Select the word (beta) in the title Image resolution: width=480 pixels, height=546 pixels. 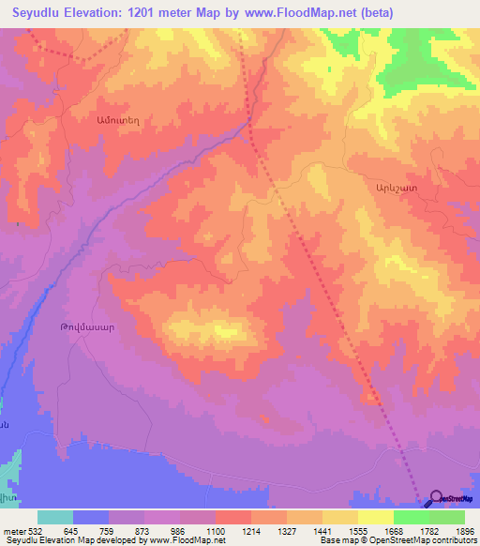tap(374, 13)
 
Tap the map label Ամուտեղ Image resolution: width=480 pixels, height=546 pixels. tap(115, 119)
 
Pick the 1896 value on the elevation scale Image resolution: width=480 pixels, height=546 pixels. tap(464, 530)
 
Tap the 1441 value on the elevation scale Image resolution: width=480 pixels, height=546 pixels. tap(322, 530)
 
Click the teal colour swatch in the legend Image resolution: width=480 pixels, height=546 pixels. tap(55, 517)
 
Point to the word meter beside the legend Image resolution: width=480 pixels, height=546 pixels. tap(14, 530)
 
